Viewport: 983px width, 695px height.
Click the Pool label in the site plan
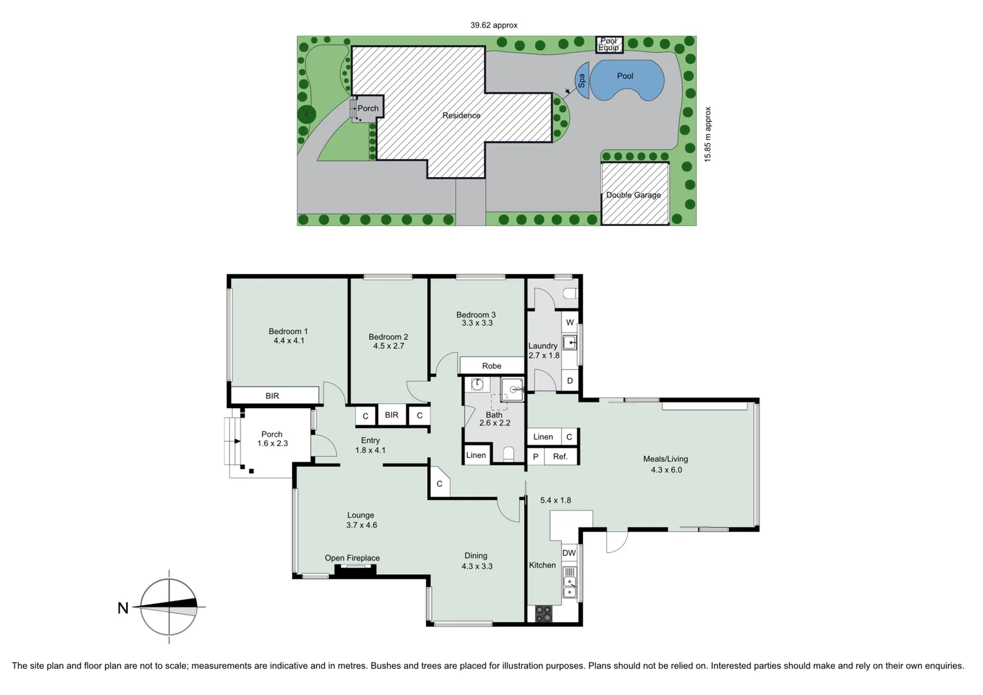625,76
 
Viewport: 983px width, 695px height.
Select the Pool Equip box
609,44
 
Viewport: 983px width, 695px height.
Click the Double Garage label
633,195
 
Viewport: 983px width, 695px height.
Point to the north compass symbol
169,606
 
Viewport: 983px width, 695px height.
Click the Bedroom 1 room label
288,331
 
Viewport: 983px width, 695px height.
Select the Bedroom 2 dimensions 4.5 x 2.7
389,346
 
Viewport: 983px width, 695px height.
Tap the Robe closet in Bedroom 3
492,366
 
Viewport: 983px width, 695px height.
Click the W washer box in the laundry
569,322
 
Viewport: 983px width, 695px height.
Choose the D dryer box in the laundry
569,381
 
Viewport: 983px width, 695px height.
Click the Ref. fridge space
560,457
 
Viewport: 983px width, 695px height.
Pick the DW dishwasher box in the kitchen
569,553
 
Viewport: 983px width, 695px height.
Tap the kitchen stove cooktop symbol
544,614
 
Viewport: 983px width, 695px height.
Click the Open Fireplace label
352,558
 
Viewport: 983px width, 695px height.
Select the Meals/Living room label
665,459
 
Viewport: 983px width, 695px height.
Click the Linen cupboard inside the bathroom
476,455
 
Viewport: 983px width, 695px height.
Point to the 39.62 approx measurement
493,25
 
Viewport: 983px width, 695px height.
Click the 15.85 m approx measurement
708,134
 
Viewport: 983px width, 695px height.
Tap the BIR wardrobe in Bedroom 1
273,396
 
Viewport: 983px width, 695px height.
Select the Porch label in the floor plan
271,434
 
